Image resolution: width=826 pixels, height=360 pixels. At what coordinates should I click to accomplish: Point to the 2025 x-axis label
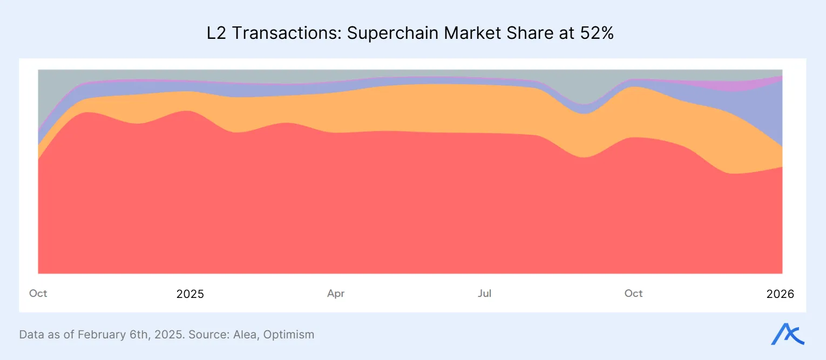click(x=190, y=294)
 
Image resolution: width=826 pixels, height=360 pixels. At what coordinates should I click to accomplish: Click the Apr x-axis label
click(x=336, y=294)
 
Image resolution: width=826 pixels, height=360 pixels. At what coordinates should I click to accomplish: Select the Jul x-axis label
click(x=484, y=294)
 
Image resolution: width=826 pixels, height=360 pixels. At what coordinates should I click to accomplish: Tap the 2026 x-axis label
click(x=780, y=294)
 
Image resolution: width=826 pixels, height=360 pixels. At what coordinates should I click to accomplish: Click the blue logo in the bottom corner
click(x=787, y=335)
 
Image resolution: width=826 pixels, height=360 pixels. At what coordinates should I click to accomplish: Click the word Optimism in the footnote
click(x=289, y=335)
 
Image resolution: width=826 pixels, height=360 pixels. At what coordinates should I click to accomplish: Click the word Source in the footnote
click(x=212, y=335)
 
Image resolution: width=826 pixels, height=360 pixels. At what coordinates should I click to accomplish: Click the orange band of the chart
click(x=432, y=108)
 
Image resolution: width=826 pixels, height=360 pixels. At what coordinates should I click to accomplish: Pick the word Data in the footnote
click(x=31, y=335)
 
